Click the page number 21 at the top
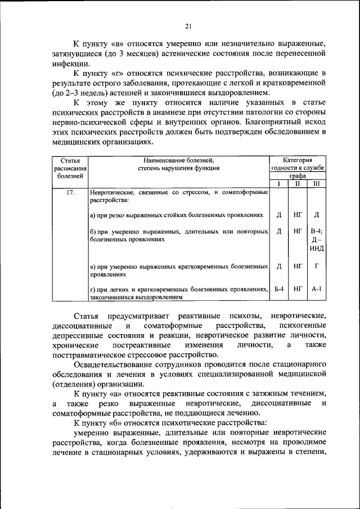coord(188,25)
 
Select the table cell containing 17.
coord(70,192)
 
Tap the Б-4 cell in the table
coord(279,289)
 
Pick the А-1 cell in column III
coord(316,289)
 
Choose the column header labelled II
coord(298,183)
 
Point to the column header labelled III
coord(316,183)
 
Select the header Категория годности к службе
coord(298,164)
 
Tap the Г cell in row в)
coord(316,265)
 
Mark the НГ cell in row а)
coord(298,214)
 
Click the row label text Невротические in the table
coord(113,192)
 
